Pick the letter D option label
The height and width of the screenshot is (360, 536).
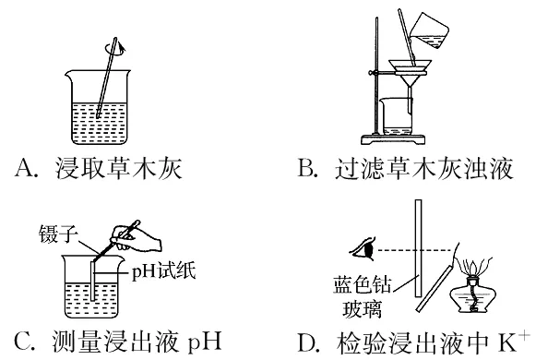[307, 342]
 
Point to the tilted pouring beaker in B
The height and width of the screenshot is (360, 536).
[430, 30]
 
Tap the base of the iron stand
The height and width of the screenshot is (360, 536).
[393, 139]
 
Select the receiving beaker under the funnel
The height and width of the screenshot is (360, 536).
[397, 116]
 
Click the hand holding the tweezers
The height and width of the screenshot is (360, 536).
[136, 238]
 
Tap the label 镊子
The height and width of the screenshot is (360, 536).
[58, 234]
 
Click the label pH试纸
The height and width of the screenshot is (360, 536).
[163, 272]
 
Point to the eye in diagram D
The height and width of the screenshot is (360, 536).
[363, 249]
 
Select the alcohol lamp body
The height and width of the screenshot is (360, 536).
[473, 294]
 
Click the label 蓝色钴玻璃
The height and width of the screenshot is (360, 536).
[363, 296]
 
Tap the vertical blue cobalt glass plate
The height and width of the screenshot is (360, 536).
[419, 248]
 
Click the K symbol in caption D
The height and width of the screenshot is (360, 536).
[506, 342]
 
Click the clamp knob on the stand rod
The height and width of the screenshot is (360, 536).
[371, 73]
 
